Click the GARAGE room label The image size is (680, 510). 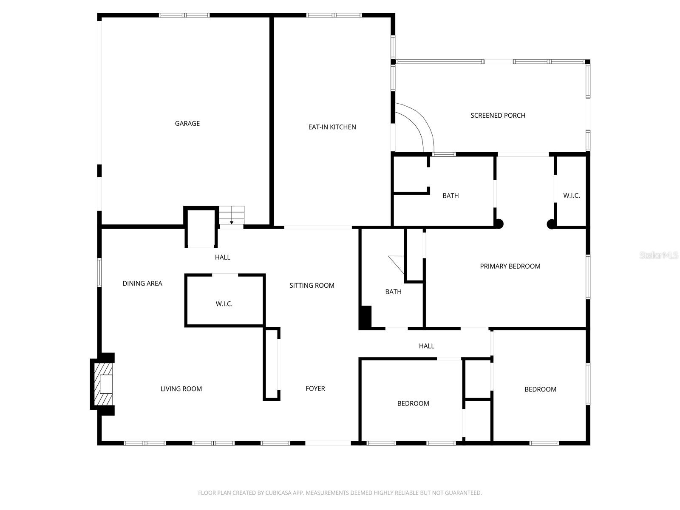pyautogui.click(x=187, y=124)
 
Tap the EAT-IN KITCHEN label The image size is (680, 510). pyautogui.click(x=332, y=127)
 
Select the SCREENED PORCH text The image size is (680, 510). pyautogui.click(x=498, y=116)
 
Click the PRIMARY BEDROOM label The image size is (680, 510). pyautogui.click(x=510, y=266)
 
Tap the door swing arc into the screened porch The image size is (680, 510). pyautogui.click(x=419, y=125)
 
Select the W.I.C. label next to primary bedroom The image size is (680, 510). pyautogui.click(x=571, y=196)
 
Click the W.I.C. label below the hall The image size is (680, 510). pyautogui.click(x=224, y=304)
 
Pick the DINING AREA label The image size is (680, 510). pyautogui.click(x=142, y=283)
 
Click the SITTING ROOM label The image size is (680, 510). pyautogui.click(x=312, y=286)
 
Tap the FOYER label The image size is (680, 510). pyautogui.click(x=315, y=388)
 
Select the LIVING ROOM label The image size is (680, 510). pyautogui.click(x=181, y=389)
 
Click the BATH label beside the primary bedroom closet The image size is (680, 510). pyautogui.click(x=450, y=196)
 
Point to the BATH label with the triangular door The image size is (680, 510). pyautogui.click(x=393, y=292)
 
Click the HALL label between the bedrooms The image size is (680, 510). pyautogui.click(x=426, y=346)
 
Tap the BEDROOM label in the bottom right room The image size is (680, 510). pyautogui.click(x=540, y=390)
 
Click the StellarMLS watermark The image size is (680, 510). pyautogui.click(x=658, y=255)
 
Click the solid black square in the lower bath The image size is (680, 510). pyautogui.click(x=365, y=317)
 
